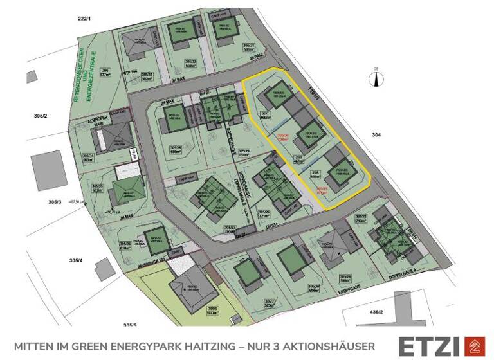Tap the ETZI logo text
click(x=428, y=346)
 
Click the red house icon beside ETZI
click(x=475, y=346)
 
